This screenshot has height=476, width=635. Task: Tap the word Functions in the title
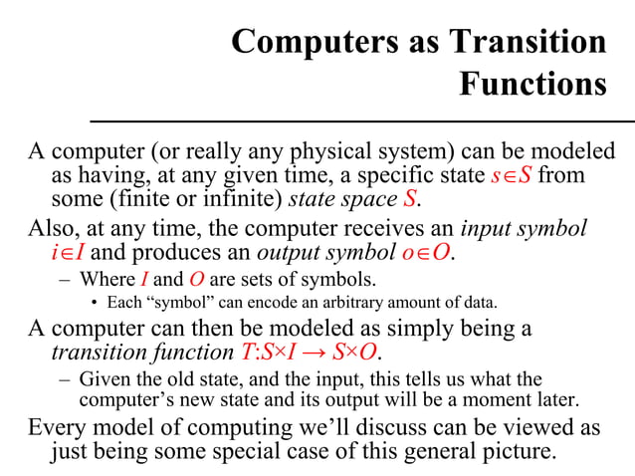pyautogui.click(x=532, y=84)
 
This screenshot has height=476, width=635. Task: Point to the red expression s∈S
pyautogui.click(x=516, y=177)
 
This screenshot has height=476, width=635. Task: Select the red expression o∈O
pyautogui.click(x=428, y=252)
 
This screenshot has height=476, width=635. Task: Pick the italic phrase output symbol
pyautogui.click(x=331, y=252)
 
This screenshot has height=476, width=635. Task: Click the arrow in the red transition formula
pyautogui.click(x=310, y=354)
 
